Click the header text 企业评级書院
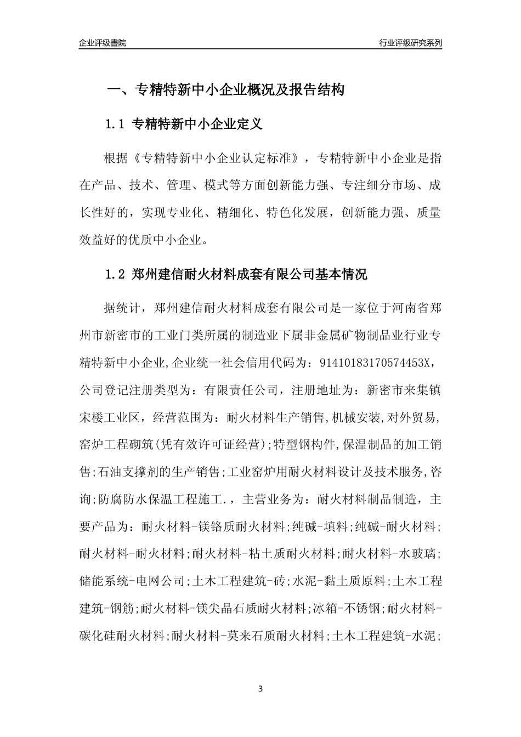103,43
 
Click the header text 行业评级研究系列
410,43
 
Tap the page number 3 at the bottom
260,689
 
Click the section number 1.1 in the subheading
115,124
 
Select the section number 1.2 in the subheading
115,274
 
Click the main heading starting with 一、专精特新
225,90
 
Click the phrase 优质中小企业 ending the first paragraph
169,239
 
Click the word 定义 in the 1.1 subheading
250,124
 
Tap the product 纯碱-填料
321,528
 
